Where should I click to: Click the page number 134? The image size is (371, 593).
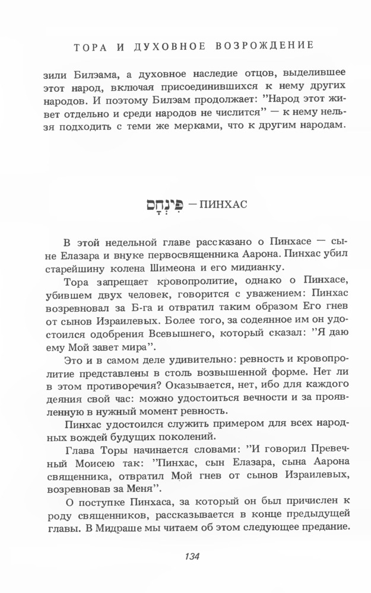pyautogui.click(x=191, y=556)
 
